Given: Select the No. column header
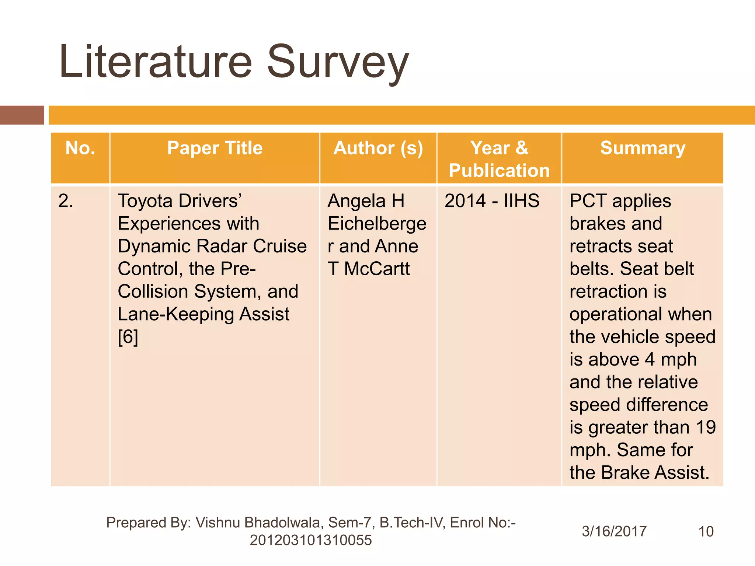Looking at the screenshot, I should pyautogui.click(x=80, y=149).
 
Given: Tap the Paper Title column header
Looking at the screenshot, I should pyautogui.click(x=215, y=149).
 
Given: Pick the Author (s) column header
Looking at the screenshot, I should pyautogui.click(x=378, y=149).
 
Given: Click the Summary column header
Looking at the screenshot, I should pyautogui.click(x=643, y=149).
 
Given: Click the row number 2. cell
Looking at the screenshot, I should pyautogui.click(x=66, y=202).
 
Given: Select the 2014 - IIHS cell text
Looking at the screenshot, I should pyautogui.click(x=492, y=201).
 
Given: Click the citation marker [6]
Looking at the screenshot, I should pyautogui.click(x=128, y=337).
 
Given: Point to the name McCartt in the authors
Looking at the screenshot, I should pyautogui.click(x=377, y=269).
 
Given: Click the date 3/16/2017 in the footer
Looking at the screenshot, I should pyautogui.click(x=614, y=531).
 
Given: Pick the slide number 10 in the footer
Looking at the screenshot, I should pyautogui.click(x=706, y=531).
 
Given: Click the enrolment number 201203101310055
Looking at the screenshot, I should pyautogui.click(x=311, y=541).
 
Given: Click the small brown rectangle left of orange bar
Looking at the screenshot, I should pyautogui.click(x=22, y=115).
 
